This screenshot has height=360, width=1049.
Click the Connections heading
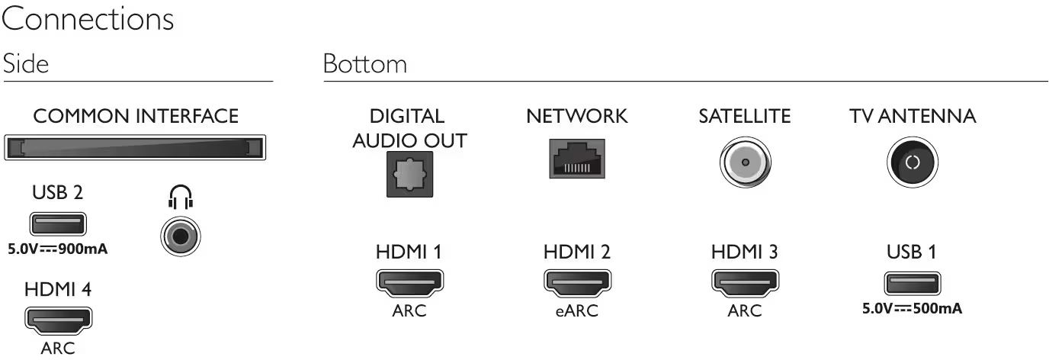88,20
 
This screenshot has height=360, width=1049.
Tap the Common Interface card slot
136,146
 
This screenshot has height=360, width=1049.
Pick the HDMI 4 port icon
58,320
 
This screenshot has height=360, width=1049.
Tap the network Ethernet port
576,159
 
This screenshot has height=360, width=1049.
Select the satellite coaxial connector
744,162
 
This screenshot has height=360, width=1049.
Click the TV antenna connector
912,162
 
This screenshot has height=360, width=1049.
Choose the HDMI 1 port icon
409,282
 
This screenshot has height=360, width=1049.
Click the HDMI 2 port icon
576,282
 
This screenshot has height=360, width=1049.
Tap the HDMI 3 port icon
744,282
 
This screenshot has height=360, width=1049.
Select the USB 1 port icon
912,284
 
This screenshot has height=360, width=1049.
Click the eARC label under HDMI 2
576,311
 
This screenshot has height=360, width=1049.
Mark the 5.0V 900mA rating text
58,249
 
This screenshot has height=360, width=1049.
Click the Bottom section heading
364,64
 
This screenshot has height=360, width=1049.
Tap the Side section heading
26,64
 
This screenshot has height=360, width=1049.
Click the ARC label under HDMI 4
58,349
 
